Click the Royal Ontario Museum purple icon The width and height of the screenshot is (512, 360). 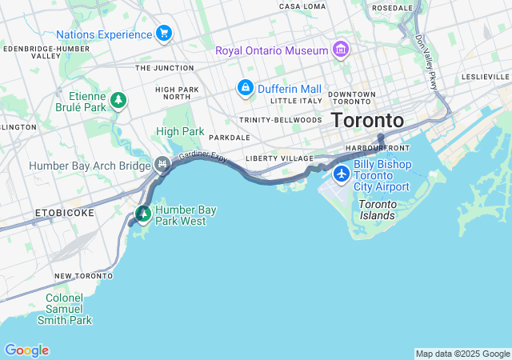point(341,50)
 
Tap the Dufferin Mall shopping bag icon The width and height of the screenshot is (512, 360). point(244,87)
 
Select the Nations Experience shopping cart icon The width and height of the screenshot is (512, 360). point(164,34)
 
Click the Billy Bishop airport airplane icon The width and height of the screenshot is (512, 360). point(342,174)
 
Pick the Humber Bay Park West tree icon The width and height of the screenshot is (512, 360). point(143,214)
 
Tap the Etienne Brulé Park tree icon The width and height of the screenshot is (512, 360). point(118,100)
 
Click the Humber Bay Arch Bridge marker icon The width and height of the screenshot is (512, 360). point(163,165)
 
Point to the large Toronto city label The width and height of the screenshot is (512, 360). point(367,120)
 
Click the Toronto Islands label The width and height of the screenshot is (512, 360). point(376,210)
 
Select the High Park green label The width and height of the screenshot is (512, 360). point(180,131)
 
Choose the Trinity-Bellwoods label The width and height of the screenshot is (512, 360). point(280,120)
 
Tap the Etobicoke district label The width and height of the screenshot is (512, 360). point(64,213)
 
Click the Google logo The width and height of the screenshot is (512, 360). point(26,350)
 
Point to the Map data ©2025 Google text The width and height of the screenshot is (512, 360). point(462,354)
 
